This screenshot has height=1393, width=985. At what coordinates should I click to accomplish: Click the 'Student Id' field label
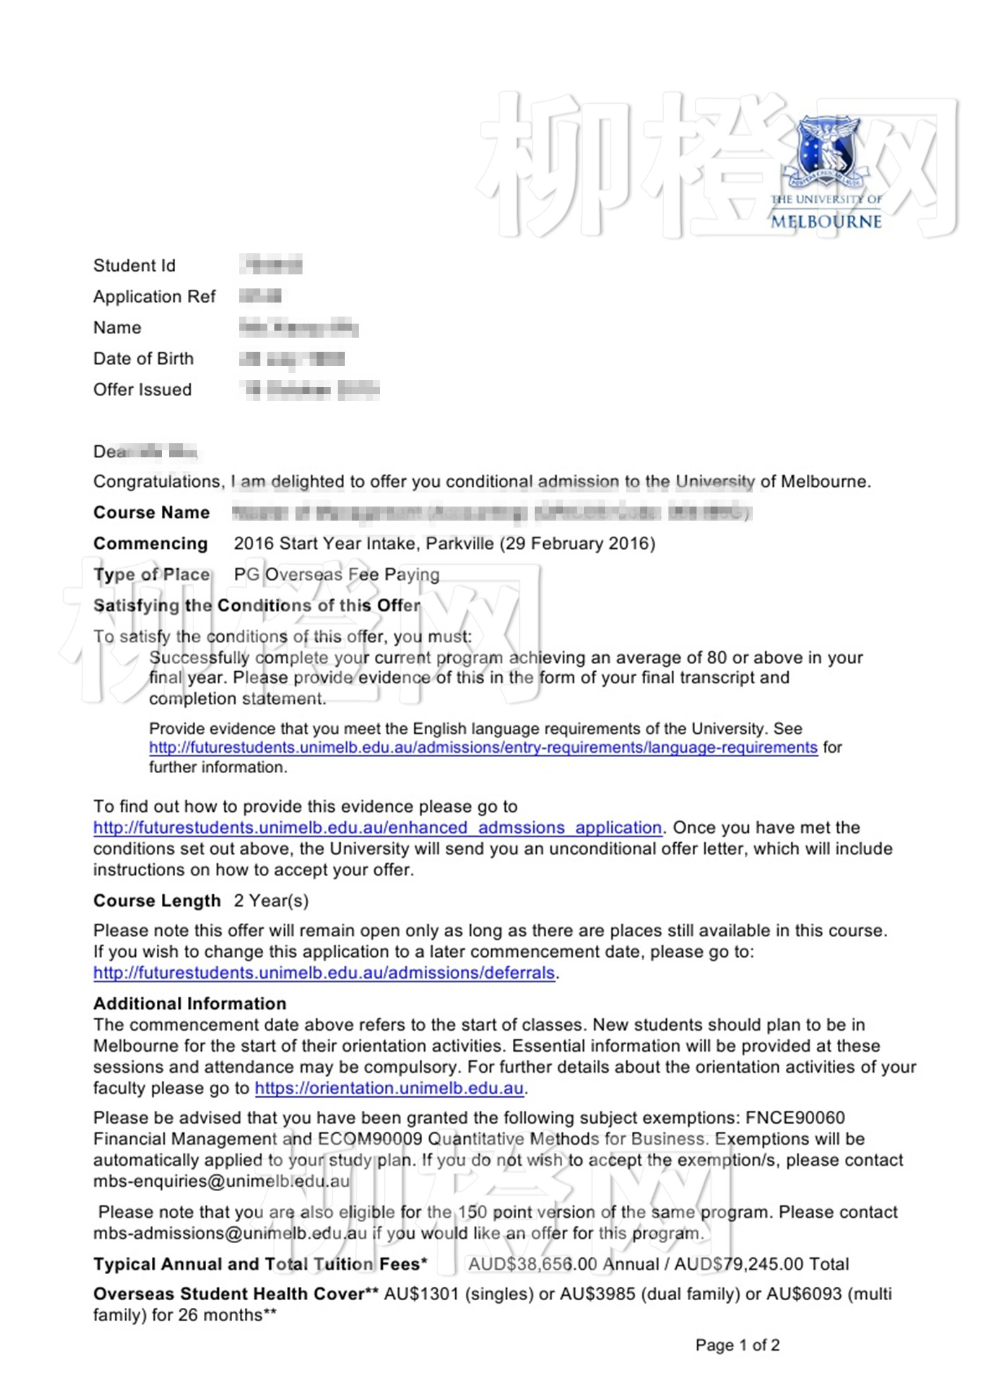(x=134, y=266)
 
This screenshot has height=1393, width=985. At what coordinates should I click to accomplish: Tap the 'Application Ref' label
(x=154, y=297)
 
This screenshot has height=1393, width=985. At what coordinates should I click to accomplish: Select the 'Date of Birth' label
(x=143, y=359)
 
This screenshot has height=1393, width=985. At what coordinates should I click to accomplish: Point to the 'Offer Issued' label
(x=142, y=390)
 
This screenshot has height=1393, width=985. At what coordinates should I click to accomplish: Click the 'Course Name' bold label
(x=151, y=513)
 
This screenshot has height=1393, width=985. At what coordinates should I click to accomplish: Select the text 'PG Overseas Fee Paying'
(x=336, y=575)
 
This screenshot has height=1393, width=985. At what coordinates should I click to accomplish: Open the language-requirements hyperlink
(x=483, y=748)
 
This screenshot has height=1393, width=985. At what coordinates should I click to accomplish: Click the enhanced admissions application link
(x=377, y=828)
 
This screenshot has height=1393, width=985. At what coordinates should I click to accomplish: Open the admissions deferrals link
(x=324, y=973)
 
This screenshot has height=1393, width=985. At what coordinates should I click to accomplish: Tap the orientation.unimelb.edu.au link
(x=389, y=1088)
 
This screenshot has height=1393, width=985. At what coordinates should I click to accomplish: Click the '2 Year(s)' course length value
(x=271, y=901)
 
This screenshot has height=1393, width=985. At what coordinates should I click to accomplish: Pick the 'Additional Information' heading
(x=190, y=1004)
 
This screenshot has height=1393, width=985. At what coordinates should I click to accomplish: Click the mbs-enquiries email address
(x=221, y=1181)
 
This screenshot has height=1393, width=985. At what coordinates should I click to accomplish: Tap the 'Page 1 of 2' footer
(x=737, y=1345)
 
